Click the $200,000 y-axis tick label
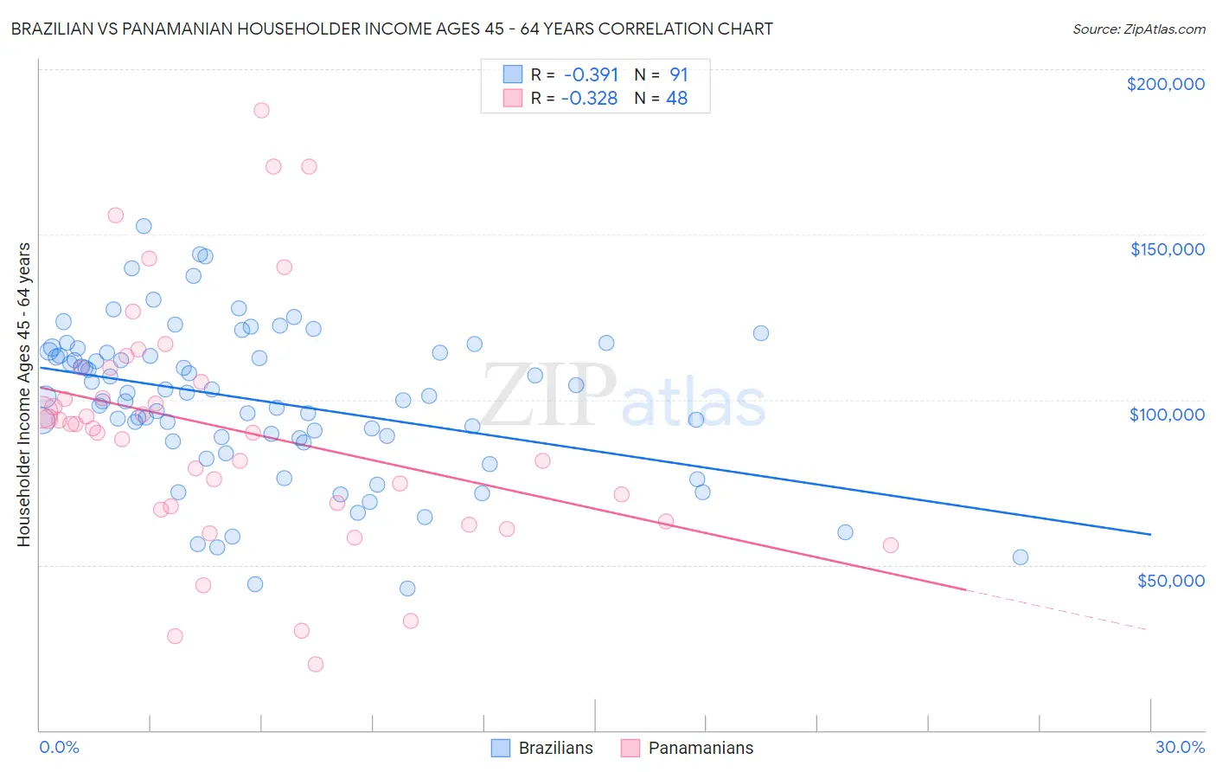coord(1165,84)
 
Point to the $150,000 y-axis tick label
coord(1167,249)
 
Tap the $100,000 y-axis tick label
coord(1167,415)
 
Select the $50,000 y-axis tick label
coord(1170,580)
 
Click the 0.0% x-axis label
coord(59,747)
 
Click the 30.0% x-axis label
coord(1180,747)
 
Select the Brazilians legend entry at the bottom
coord(542,748)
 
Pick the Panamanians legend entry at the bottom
coord(688,748)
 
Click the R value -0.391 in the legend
coord(590,74)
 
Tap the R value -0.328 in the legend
coord(589,98)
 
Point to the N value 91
coord(678,74)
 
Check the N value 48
coord(676,98)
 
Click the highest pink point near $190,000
coord(261,110)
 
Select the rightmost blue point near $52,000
coord(1021,557)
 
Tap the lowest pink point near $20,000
coord(316,664)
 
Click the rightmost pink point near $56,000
coord(891,545)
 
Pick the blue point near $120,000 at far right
coord(761,333)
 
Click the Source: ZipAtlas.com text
coord(1138,29)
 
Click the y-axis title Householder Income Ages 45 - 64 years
coord(24,395)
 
